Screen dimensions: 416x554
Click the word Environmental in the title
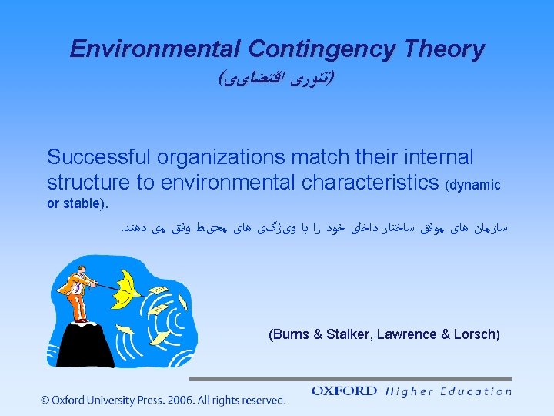pyautogui.click(x=155, y=49)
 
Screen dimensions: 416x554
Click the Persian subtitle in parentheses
pyautogui.click(x=276, y=79)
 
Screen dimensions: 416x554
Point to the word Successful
pyautogui.click(x=99, y=158)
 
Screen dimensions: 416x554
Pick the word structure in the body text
pyautogui.click(x=85, y=184)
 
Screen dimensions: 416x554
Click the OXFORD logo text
pyautogui.click(x=344, y=391)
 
